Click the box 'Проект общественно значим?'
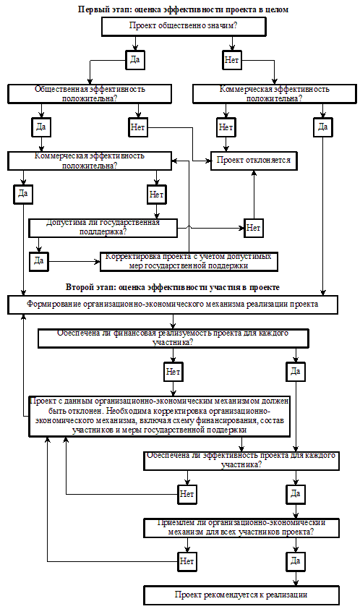pos(184,27)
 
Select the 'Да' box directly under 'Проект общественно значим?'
pos(135,60)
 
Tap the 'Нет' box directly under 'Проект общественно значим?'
pos(232,60)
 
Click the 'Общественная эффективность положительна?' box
pos(90,94)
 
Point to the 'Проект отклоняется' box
pos(254,161)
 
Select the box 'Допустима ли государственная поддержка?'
pos(103,228)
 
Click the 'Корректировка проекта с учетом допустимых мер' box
pos(189,261)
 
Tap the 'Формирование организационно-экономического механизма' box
pos(173,304)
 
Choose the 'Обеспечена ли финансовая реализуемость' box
pos(173,338)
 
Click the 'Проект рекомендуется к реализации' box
pos(241,595)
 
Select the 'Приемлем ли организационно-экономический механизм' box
pos(241,528)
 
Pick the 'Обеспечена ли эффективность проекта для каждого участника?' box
pos(241,461)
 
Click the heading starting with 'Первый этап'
pos(184,9)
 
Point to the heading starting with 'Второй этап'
pos(173,287)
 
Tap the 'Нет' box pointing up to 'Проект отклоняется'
pos(254,228)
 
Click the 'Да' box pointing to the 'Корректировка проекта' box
pos(39,261)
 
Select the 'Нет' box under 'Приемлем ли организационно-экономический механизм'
pos(187,561)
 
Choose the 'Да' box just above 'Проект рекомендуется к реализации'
pos(296,561)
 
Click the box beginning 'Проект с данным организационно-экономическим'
pos(160,417)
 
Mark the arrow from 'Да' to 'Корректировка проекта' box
pos(74,261)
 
